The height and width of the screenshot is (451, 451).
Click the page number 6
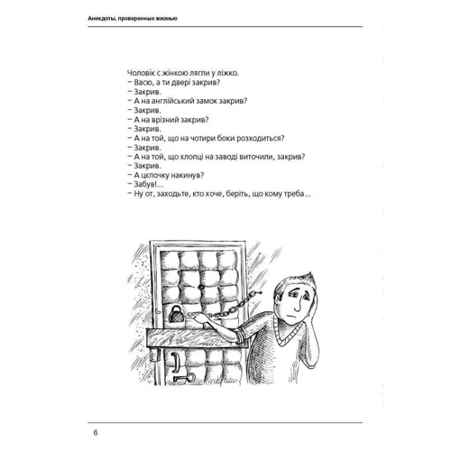[x=96, y=433]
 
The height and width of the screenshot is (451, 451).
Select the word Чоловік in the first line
[x=140, y=73]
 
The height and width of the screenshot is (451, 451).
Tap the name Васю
[x=143, y=83]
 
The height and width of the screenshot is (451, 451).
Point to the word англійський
[x=172, y=101]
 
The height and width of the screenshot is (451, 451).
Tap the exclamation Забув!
[x=145, y=184]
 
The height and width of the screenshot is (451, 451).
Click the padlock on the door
[x=175, y=314]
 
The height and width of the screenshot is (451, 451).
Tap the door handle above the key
[x=175, y=359]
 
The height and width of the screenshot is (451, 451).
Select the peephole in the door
[x=200, y=287]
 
